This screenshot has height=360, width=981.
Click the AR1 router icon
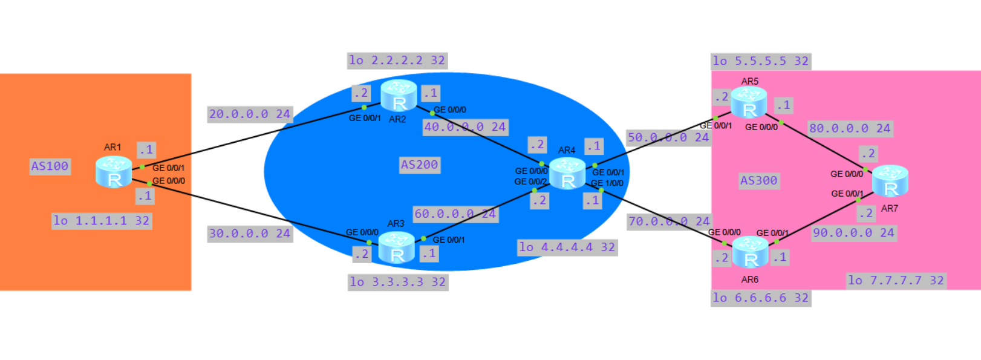click(x=114, y=172)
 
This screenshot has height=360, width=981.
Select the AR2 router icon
click(x=399, y=96)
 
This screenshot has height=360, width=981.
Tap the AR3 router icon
click(x=397, y=247)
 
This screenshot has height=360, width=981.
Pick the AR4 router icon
click(x=567, y=174)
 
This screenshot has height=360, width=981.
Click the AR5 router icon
click(x=749, y=102)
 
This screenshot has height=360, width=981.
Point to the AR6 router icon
click(x=750, y=252)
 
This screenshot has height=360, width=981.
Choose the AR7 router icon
click(x=890, y=181)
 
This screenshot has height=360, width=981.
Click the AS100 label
click(x=50, y=166)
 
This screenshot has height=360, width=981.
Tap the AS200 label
click(x=420, y=165)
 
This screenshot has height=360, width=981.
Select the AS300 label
click(x=759, y=180)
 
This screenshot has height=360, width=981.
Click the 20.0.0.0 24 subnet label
click(x=250, y=114)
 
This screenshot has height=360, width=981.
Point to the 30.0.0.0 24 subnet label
click(x=250, y=234)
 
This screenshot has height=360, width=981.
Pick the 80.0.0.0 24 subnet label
click(x=850, y=128)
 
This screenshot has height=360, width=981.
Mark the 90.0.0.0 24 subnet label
click(x=853, y=233)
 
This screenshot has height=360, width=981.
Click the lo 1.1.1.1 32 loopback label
click(x=102, y=221)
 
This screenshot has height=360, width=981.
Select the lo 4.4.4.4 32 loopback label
click(x=567, y=247)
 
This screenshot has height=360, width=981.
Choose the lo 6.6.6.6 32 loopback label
click(x=761, y=298)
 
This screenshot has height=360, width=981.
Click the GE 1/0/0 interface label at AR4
click(x=607, y=183)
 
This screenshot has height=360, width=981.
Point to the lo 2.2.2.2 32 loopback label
click(x=397, y=61)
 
